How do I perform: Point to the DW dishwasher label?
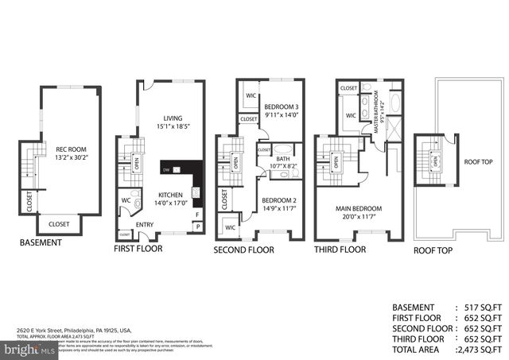pos(166,169)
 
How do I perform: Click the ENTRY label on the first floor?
pos(146,225)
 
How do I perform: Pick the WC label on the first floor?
pos(126,200)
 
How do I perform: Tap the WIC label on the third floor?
pos(350,115)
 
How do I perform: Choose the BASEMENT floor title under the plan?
pos(41,242)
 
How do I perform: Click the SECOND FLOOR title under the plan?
pos(243,250)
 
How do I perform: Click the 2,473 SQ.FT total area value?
pos(480,348)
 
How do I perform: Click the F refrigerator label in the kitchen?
pos(197,214)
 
